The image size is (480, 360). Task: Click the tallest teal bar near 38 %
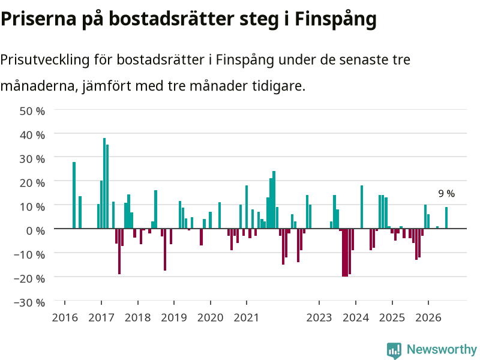tap(104, 183)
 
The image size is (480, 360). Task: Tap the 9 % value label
tap(446, 193)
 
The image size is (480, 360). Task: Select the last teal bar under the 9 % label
tap(446, 218)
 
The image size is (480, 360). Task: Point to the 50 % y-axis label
tap(32, 111)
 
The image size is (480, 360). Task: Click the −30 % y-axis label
tap(29, 302)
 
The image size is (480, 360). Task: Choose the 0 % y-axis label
tap(35, 230)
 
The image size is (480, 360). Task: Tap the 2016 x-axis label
tap(65, 317)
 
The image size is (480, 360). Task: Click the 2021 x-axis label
tap(247, 317)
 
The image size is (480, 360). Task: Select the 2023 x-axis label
tap(319, 317)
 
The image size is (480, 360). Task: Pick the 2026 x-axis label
tap(428, 317)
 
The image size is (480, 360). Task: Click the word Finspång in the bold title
tap(335, 19)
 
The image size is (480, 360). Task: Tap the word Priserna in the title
tap(38, 19)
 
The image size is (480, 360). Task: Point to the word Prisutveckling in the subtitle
tap(44, 60)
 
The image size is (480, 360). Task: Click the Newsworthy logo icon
tap(394, 350)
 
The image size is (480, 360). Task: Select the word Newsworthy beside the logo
tap(442, 349)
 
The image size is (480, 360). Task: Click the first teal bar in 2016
tap(74, 195)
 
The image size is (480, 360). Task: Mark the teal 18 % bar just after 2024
tap(362, 207)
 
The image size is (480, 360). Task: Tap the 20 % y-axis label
tap(32, 183)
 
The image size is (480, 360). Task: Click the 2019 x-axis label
tap(174, 317)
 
